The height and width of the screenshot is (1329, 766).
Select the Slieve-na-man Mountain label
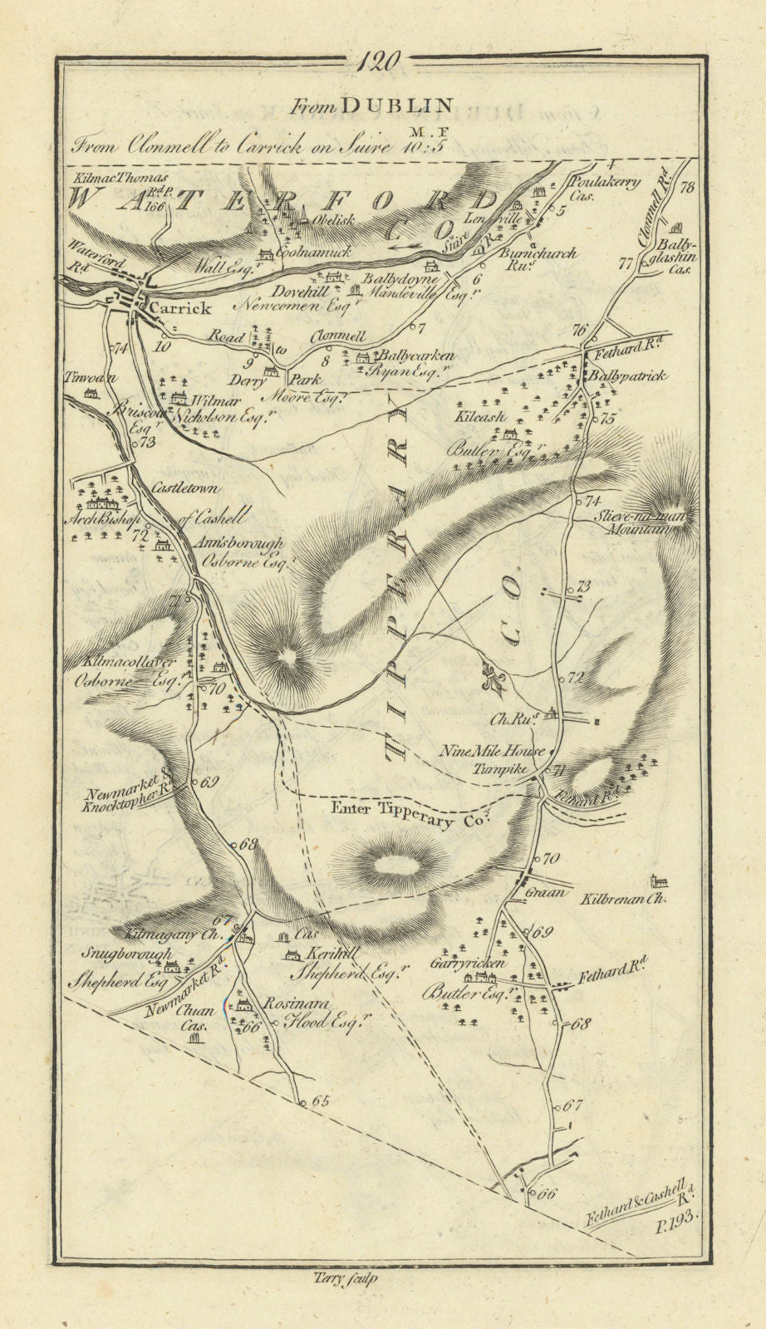(x=638, y=521)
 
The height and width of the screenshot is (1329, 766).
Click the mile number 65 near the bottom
(x=321, y=1101)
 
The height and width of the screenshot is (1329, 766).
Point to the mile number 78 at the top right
(x=685, y=188)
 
